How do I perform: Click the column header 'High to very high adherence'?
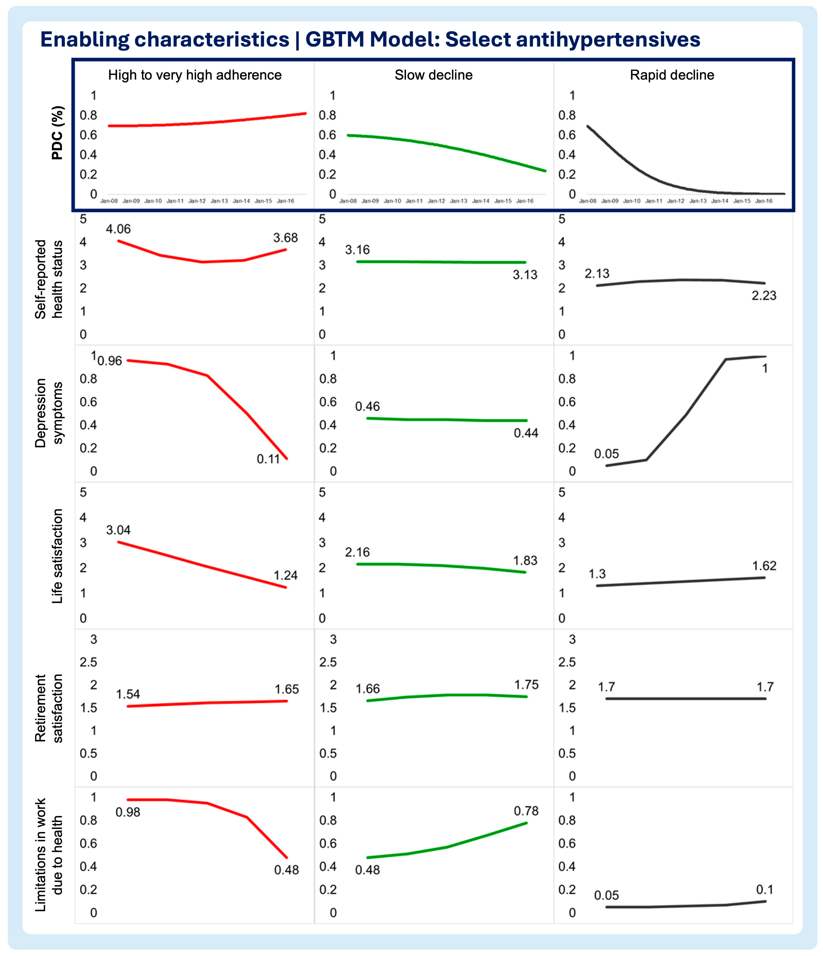point(195,75)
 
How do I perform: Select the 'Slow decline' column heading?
point(433,75)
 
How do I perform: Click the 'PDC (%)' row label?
point(57,133)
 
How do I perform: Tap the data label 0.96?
point(110,361)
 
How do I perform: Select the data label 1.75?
point(526,685)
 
